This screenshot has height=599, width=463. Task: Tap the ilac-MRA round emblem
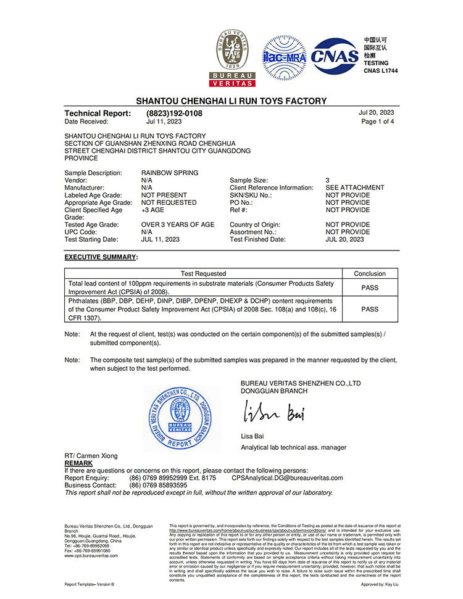(285, 57)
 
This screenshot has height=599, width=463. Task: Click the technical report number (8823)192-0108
(174, 114)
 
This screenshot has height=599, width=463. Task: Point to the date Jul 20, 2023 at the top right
(376, 113)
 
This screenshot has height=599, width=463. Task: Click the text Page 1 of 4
(377, 122)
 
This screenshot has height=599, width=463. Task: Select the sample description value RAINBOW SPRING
(170, 173)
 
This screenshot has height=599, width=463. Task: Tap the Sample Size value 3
(328, 180)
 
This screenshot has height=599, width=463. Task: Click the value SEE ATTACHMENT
(355, 188)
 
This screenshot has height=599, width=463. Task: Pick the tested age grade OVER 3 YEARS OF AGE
(178, 225)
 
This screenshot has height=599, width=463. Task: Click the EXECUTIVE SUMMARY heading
(101, 256)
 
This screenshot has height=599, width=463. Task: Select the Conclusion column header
(370, 273)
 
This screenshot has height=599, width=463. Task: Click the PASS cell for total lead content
(370, 287)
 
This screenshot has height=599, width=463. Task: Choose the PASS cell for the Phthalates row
(370, 309)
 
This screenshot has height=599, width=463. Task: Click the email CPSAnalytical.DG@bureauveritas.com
(287, 478)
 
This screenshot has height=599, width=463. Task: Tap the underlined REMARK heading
(78, 463)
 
